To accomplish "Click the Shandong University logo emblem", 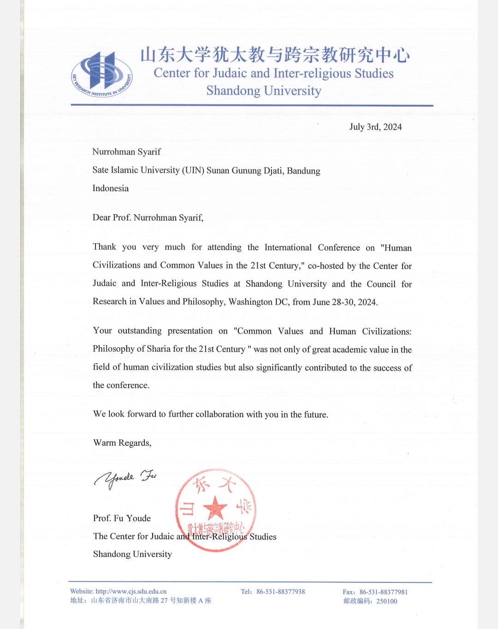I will (x=102, y=74).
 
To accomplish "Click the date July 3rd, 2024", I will (x=375, y=127).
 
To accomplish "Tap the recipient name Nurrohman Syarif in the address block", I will (x=126, y=152).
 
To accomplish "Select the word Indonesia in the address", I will (x=111, y=188).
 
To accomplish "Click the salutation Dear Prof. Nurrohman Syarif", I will (x=148, y=217).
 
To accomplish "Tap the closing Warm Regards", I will (x=122, y=443).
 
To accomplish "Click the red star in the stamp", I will (x=215, y=508).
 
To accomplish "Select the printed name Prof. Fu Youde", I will (x=122, y=518).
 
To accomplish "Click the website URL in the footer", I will (x=131, y=591).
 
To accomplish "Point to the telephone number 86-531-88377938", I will (x=280, y=592).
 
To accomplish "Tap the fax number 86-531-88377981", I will (x=384, y=592).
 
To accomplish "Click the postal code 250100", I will (x=386, y=601).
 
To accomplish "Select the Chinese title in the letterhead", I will (x=275, y=55).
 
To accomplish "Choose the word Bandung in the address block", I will (x=303, y=171).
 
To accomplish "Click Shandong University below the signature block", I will (x=132, y=554).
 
